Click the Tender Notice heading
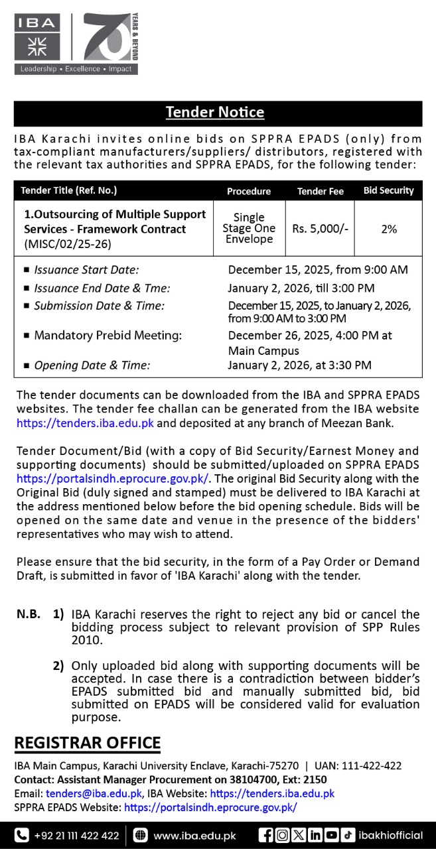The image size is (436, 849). pos(215,113)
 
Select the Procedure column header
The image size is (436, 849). pos(249,191)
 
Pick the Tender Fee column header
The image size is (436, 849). pos(320,191)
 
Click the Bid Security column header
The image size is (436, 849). pos(388,190)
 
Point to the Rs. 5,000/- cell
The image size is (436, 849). pos(320,229)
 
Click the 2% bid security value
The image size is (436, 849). pos(389,229)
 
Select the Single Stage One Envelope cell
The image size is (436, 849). pos(249,228)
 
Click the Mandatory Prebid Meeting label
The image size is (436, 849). pos(108,336)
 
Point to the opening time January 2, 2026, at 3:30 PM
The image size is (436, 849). pos(299,365)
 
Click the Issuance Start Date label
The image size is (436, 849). pos(86,270)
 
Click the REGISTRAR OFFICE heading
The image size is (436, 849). pos(88,743)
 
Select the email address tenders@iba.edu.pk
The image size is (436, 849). pos(94,793)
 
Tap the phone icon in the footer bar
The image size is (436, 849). pos(22,836)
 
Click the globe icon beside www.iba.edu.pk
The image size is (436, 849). pos(140,836)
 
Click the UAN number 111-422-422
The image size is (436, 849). pos(369,765)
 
